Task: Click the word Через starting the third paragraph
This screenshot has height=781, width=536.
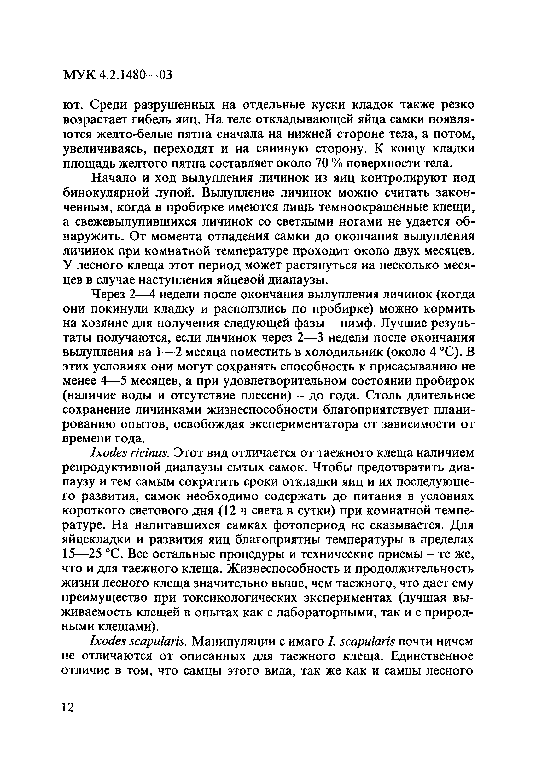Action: pyautogui.click(x=108, y=295)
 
